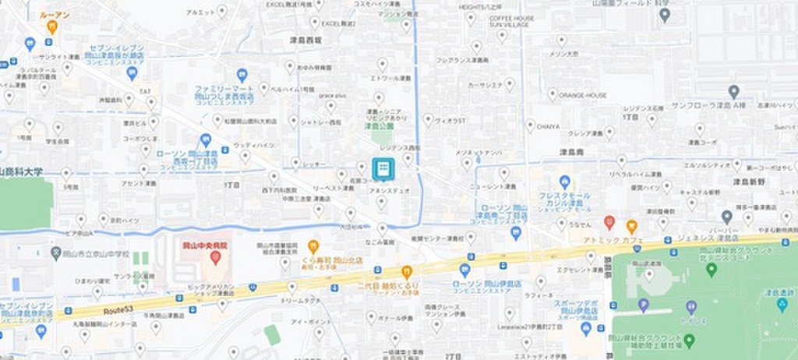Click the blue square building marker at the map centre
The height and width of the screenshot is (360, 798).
pos(383,168)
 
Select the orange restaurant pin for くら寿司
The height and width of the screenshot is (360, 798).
pos(313,246)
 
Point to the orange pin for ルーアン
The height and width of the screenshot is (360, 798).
pos(52,26)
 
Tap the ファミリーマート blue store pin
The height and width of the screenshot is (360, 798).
pos(242,76)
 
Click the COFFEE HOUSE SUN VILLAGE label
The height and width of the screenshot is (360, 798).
pos(511,21)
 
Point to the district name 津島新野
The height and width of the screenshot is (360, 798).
pos(749,181)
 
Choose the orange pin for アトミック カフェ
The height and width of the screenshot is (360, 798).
pos(631,226)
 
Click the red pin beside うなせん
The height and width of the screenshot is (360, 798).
pos(609,222)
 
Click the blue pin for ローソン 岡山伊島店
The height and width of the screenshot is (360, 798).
pos(464,270)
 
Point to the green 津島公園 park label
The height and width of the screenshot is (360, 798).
pos(380,122)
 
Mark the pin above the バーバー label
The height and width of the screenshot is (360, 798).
pos(726,216)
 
